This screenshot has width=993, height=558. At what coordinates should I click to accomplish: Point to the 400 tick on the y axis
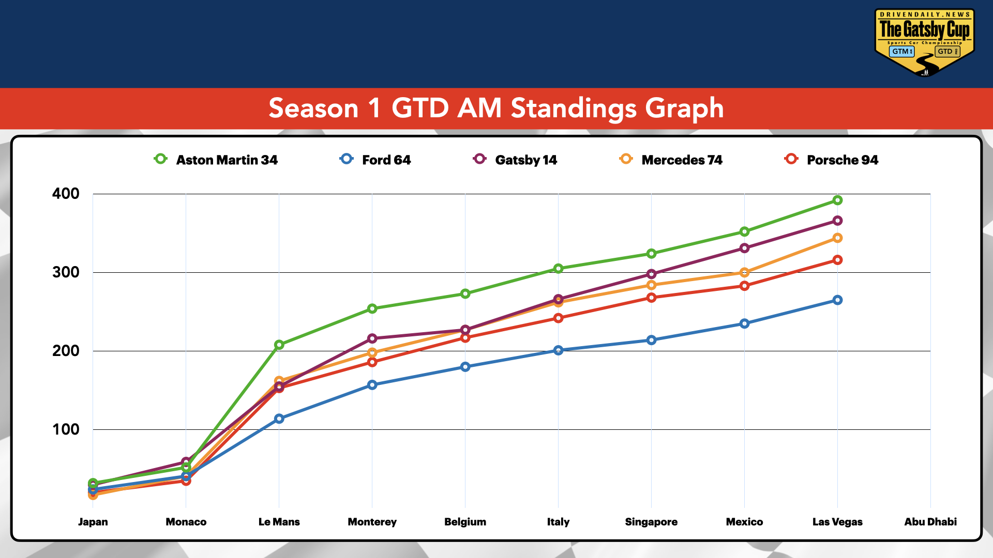tap(66, 194)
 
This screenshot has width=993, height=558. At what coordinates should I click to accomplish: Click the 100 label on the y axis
tap(66, 429)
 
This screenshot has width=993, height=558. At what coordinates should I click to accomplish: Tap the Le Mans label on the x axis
tap(279, 522)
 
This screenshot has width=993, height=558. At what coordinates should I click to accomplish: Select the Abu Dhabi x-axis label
tap(930, 522)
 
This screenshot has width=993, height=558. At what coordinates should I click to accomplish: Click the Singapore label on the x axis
tap(651, 522)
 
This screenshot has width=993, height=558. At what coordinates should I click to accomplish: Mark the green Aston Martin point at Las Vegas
tap(837, 200)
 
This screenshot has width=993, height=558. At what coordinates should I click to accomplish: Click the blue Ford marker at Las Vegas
tap(837, 300)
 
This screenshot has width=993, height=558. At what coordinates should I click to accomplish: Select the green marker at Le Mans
tap(279, 345)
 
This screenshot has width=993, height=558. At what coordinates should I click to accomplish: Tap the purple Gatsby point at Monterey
tap(372, 338)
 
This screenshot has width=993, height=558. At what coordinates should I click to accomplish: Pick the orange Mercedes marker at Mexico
tap(744, 272)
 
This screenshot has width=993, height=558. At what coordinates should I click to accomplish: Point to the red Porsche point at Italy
tap(558, 318)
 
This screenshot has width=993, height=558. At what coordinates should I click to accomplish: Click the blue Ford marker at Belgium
tap(465, 367)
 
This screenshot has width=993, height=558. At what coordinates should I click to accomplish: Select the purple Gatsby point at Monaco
tap(186, 462)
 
